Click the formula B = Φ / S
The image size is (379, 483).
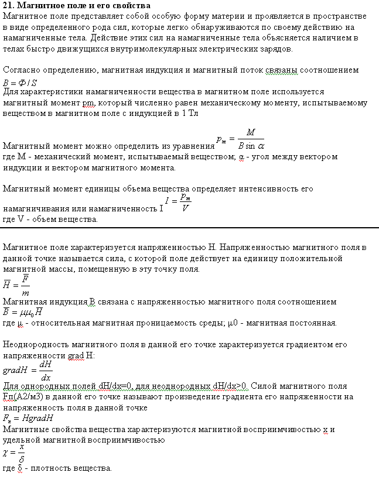(x=21, y=81)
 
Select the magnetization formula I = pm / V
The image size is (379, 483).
(x=179, y=203)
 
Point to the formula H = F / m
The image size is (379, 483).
(x=19, y=284)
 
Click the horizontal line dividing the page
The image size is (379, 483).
(x=189, y=227)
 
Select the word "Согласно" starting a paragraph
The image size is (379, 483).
(x=21, y=70)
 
